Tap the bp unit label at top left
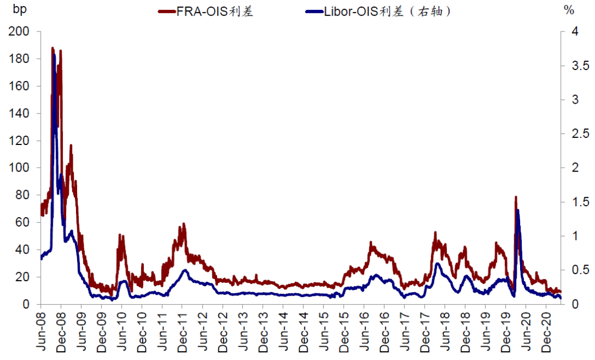pyautogui.click(x=19, y=10)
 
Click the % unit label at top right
pyautogui.click(x=569, y=10)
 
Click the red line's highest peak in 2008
pyautogui.click(x=53, y=49)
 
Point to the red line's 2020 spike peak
pyautogui.click(x=516, y=197)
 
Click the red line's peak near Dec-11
pyautogui.click(x=183, y=224)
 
